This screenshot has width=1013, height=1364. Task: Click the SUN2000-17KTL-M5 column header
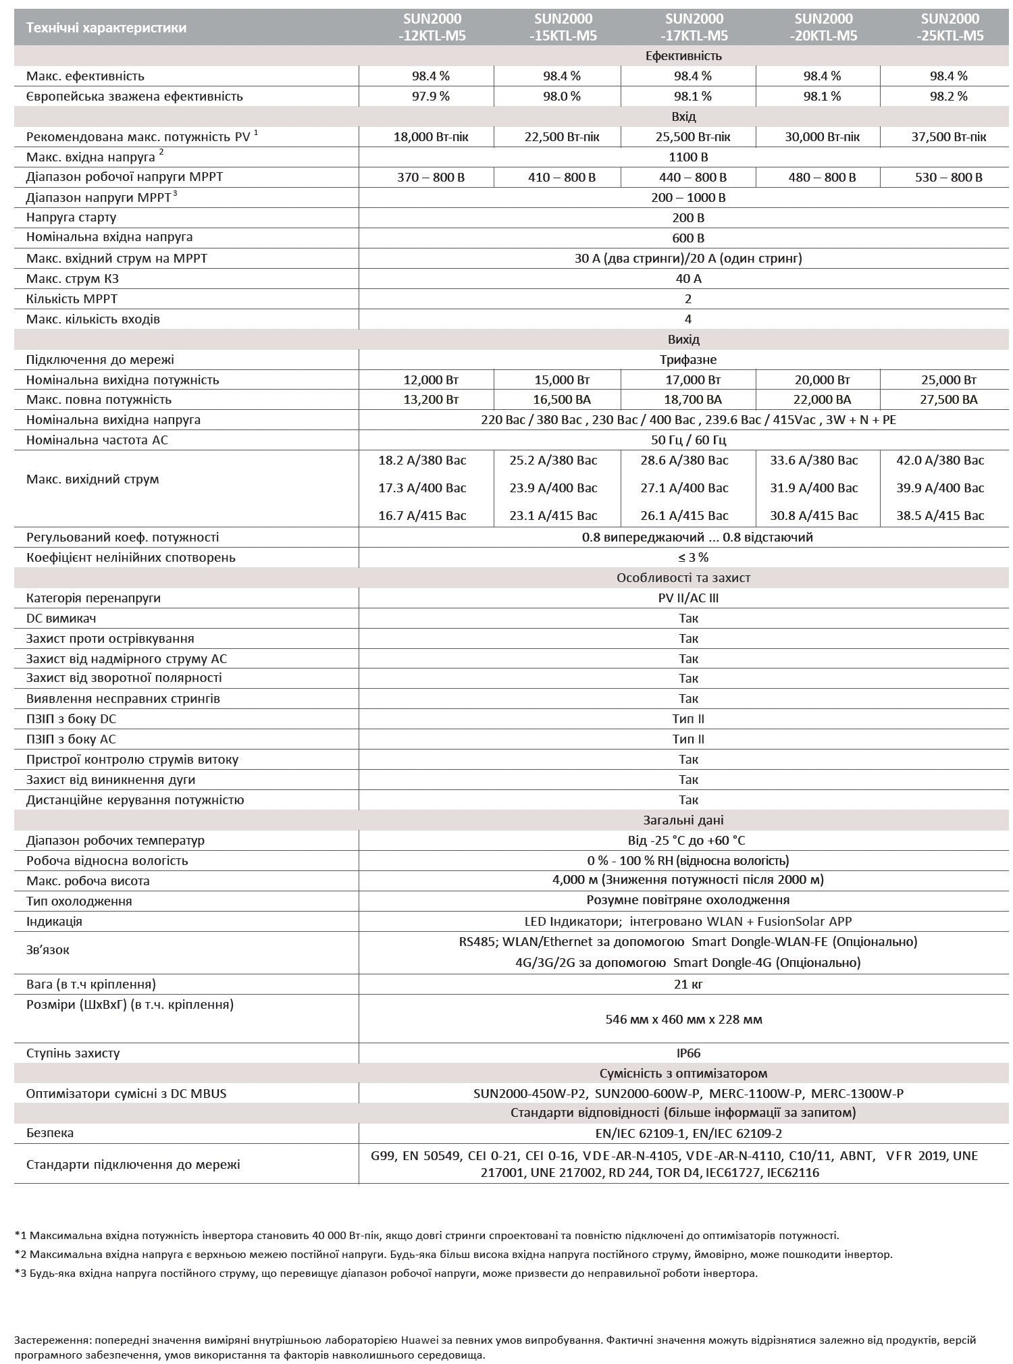point(694,27)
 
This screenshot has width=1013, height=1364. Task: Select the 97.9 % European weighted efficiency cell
point(431,96)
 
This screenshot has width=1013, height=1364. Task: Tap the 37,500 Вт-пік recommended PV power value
point(949,137)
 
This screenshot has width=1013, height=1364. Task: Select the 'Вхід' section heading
point(684,117)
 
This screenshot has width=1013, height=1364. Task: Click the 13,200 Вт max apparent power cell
point(431,400)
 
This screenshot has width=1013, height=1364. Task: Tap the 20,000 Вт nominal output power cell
point(818,379)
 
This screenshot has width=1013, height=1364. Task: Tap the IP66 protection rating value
point(688,1053)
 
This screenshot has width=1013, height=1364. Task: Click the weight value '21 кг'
point(688,984)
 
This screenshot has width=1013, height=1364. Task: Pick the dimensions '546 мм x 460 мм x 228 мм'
point(684,1019)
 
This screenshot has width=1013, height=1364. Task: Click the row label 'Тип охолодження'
point(79,901)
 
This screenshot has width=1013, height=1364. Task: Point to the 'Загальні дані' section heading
point(683,820)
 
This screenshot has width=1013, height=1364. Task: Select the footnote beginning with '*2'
point(453,1254)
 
